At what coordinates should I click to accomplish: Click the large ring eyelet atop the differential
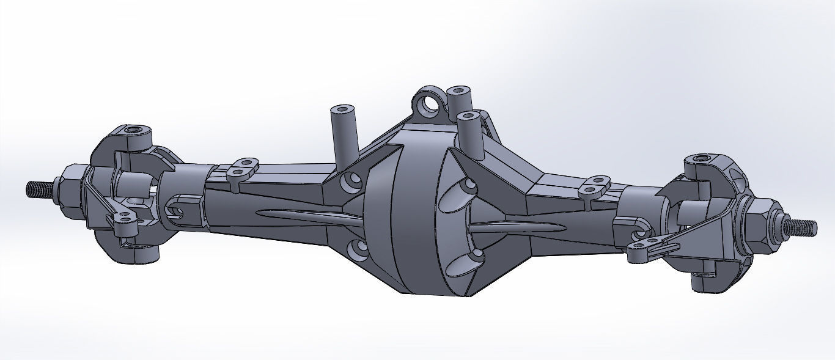[x=429, y=105]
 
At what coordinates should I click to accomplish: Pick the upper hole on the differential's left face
[x=352, y=182]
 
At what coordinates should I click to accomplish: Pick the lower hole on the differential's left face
[x=358, y=248]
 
